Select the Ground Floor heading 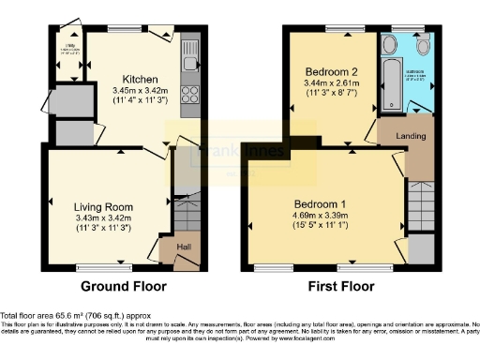pos(123,286)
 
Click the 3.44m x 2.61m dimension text pos(329,82)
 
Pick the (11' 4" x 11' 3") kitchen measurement pos(140,99)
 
